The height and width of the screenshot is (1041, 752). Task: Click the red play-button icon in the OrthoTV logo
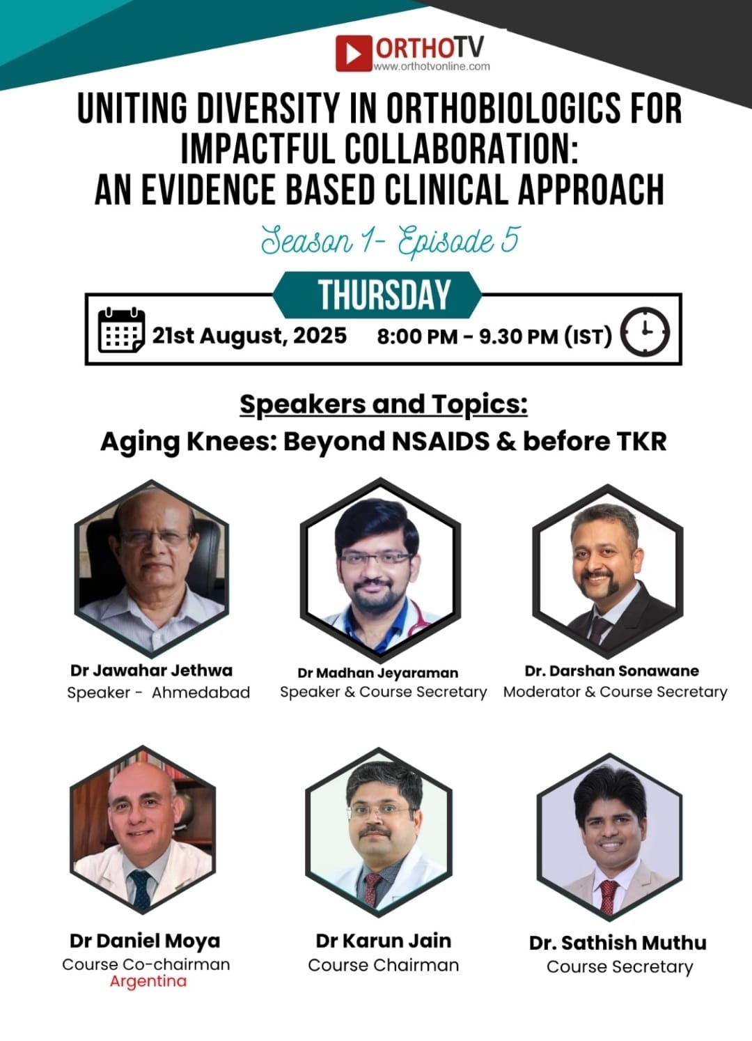pos(354,53)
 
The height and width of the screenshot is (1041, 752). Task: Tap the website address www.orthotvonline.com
pos(432,66)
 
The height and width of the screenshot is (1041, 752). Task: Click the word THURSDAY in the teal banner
pos(384,294)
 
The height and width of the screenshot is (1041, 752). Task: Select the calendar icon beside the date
pos(121,330)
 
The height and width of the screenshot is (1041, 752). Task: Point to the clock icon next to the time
pos(645,332)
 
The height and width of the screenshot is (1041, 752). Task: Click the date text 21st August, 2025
pos(249,335)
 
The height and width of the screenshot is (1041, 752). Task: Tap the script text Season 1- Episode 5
pos(390,240)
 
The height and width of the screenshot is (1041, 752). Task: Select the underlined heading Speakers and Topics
pos(384,405)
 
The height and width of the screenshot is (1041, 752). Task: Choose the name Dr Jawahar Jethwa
pos(151,670)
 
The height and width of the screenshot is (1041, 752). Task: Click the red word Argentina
pos(148,981)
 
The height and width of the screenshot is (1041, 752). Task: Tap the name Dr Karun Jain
pos(383,941)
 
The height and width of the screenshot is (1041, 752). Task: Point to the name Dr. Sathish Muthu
pos(618,943)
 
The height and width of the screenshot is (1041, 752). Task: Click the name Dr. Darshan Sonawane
pos(612,670)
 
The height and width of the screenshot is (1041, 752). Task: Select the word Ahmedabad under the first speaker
pos(201,693)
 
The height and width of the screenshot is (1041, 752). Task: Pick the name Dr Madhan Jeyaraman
pos(377,672)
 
